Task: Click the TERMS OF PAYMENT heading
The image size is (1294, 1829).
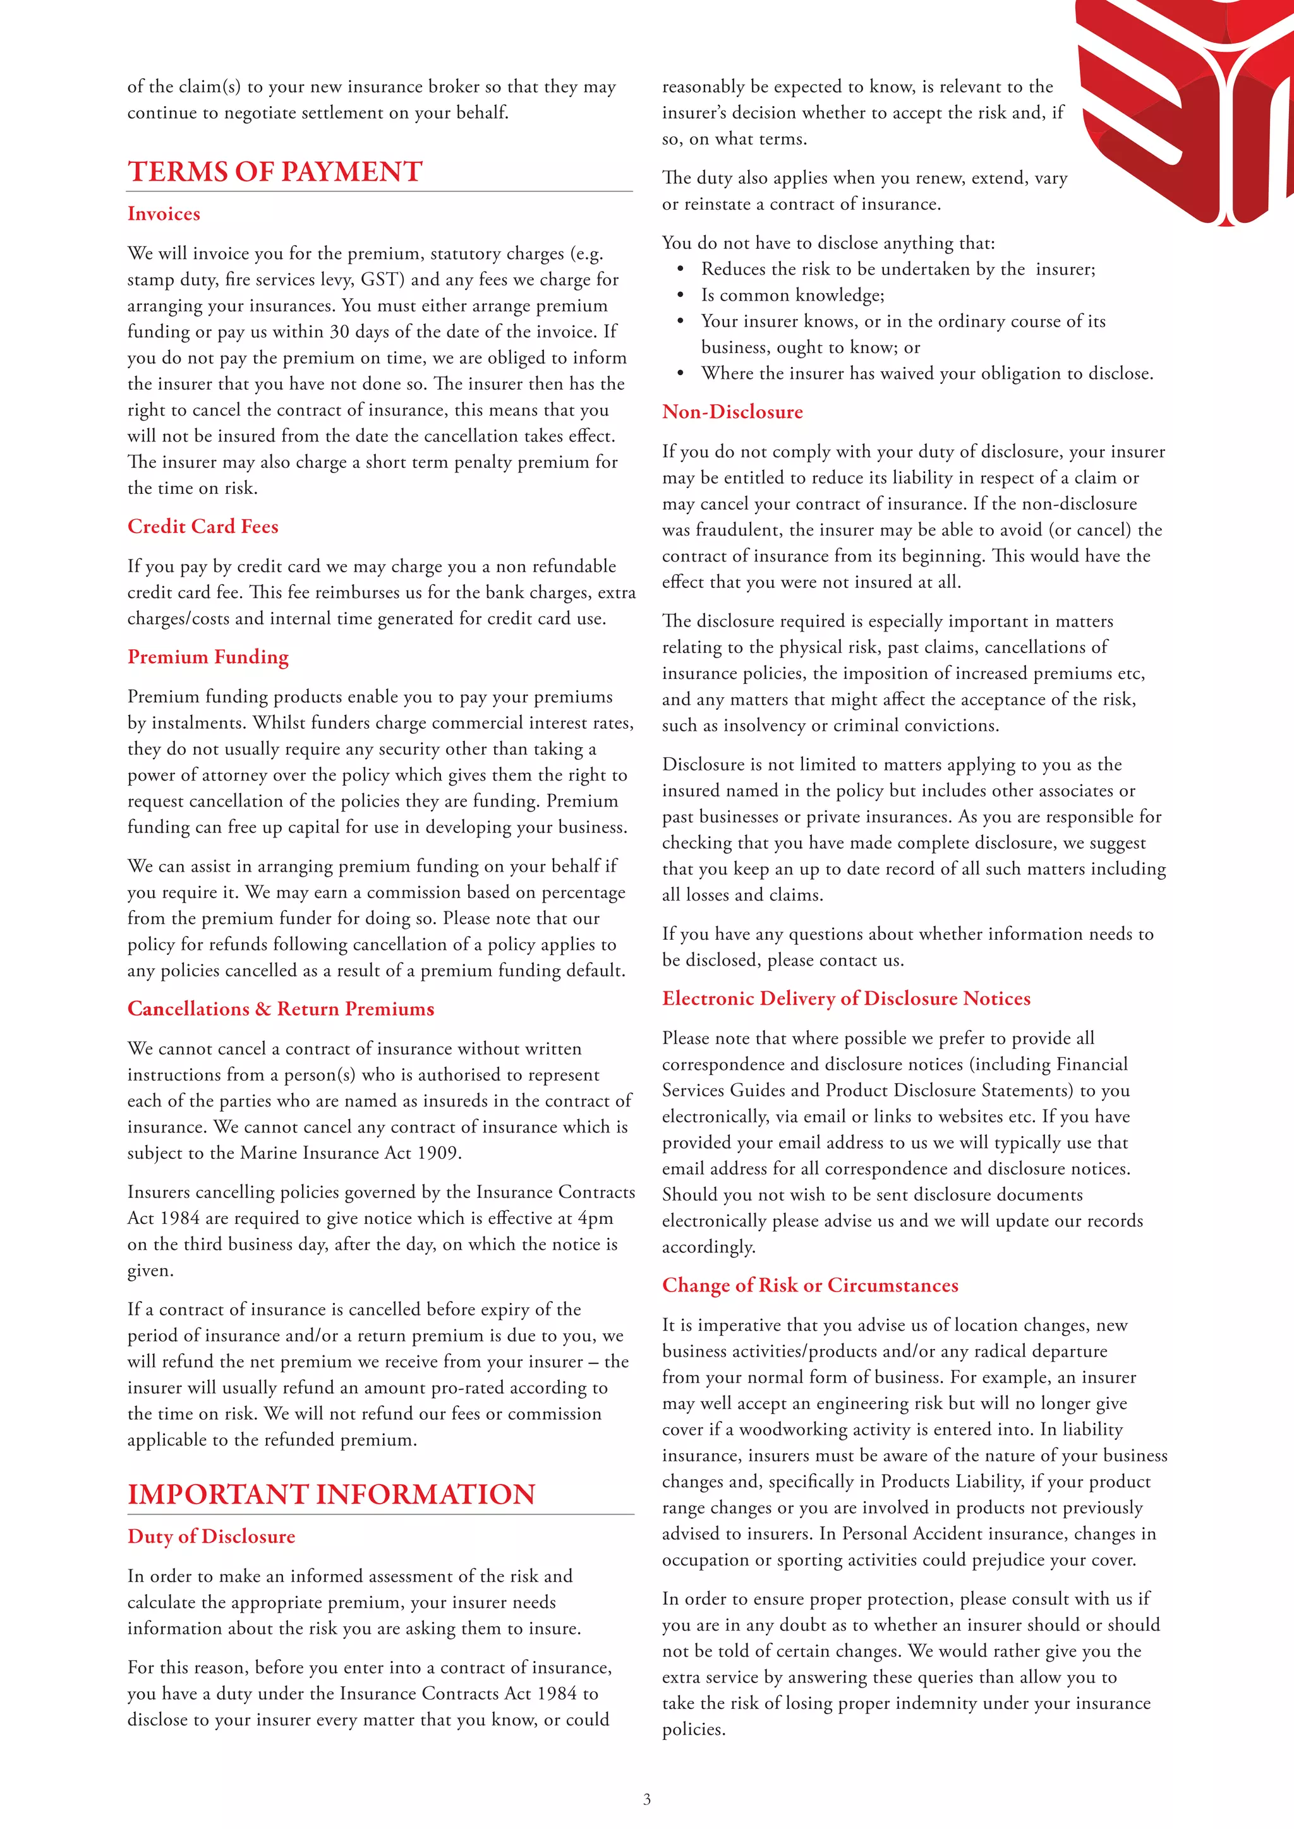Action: click(275, 172)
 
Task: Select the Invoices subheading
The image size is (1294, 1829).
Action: click(164, 214)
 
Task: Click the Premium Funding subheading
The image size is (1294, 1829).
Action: click(208, 657)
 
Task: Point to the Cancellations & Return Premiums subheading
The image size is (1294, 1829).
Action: click(281, 1009)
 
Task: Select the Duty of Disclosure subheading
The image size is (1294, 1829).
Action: click(211, 1537)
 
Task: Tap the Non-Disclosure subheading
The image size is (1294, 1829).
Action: click(732, 412)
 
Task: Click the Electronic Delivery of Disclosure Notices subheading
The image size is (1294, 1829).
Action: click(846, 999)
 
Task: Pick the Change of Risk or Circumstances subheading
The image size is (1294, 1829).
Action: click(809, 1286)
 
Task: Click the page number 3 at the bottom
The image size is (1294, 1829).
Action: click(647, 1799)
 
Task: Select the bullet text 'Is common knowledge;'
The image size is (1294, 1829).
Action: click(792, 296)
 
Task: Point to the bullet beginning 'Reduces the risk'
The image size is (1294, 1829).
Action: click(898, 269)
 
